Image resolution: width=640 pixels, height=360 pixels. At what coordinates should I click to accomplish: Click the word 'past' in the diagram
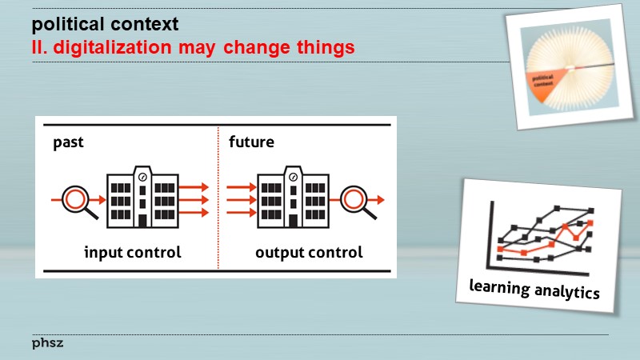pyautogui.click(x=69, y=143)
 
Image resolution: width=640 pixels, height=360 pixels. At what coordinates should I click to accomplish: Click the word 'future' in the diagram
pyautogui.click(x=251, y=143)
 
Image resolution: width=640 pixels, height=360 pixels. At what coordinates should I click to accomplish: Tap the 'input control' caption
pyautogui.click(x=133, y=253)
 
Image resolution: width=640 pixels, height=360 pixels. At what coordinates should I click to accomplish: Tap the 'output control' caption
pyautogui.click(x=309, y=253)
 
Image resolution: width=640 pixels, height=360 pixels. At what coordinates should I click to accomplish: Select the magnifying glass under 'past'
pyautogui.click(x=81, y=200)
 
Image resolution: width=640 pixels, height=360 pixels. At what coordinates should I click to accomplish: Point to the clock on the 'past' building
pyautogui.click(x=142, y=176)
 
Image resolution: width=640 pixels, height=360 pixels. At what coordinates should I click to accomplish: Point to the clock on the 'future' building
pyautogui.click(x=293, y=176)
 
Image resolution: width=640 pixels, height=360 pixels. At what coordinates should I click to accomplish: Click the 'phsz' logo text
pyautogui.click(x=47, y=342)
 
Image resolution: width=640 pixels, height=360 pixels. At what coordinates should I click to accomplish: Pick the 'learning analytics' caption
pyautogui.click(x=534, y=289)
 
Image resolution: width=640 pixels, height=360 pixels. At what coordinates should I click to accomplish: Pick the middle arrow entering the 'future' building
pyautogui.click(x=239, y=199)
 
